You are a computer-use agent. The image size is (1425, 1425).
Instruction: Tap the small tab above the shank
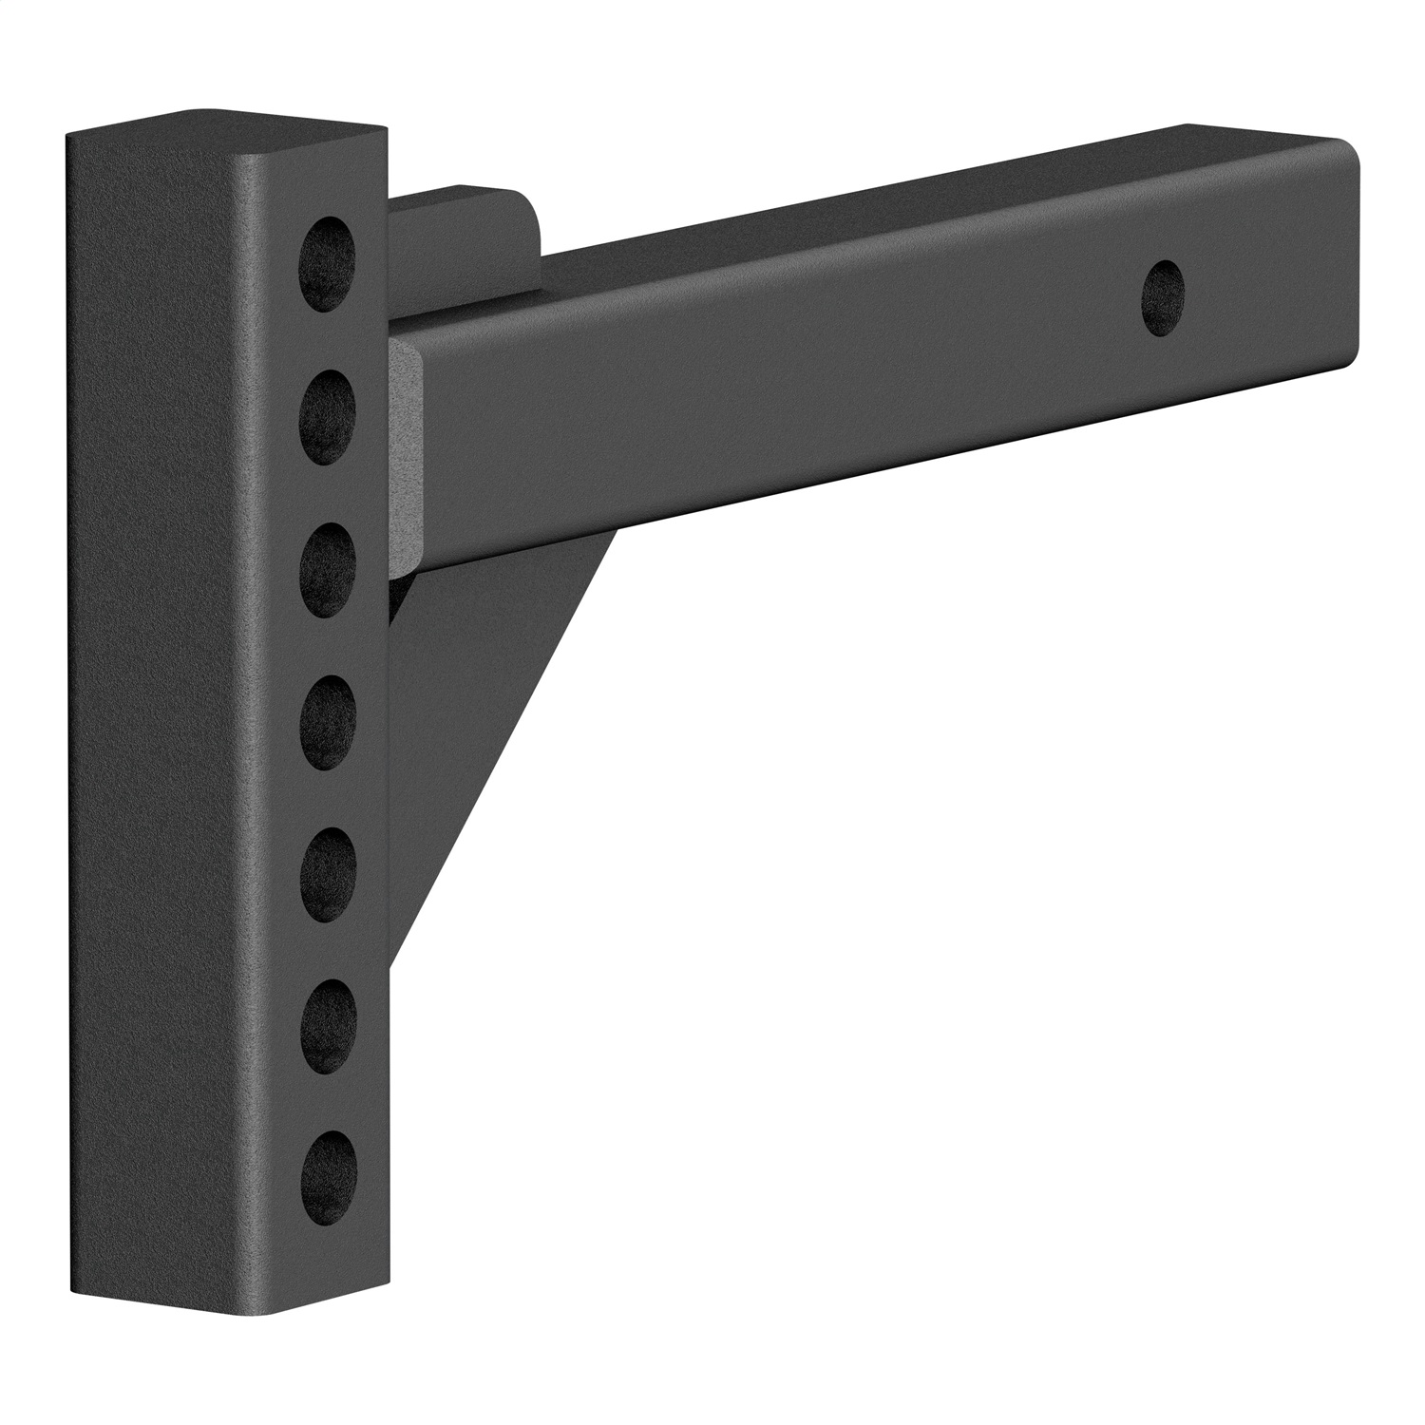click(x=465, y=237)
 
